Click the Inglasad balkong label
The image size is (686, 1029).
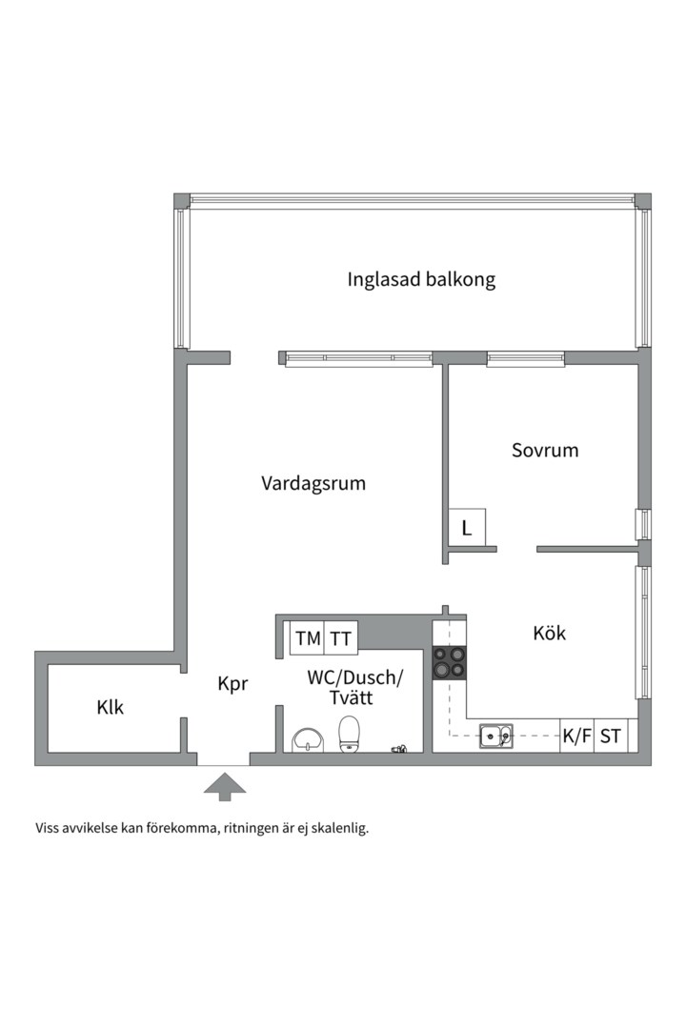click(x=421, y=280)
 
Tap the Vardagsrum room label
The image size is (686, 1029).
click(x=313, y=483)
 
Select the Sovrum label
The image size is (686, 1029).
click(x=544, y=451)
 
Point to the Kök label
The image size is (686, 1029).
click(x=549, y=633)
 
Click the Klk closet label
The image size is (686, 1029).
click(x=111, y=708)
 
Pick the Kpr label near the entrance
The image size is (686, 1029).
click(x=232, y=684)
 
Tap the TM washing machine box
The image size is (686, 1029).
click(x=308, y=639)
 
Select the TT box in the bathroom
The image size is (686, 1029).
click(x=341, y=639)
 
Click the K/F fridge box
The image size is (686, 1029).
click(x=576, y=736)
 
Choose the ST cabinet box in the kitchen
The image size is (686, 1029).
click(x=611, y=736)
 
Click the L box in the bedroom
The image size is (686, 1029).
click(x=467, y=528)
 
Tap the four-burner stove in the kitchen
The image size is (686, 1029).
click(x=449, y=662)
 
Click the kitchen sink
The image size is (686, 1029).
click(x=495, y=735)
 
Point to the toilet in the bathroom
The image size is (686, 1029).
click(x=350, y=734)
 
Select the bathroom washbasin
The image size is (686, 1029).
click(x=309, y=739)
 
